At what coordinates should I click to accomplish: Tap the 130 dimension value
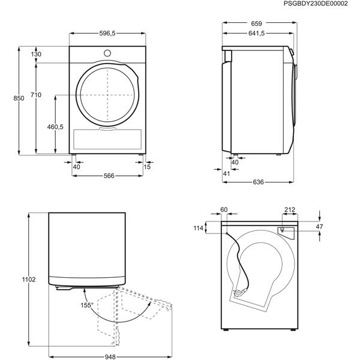coord(37,55)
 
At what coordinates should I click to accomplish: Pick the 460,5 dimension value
coord(55,127)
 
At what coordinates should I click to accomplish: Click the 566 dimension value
coord(109,176)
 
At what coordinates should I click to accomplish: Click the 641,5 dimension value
coord(256,34)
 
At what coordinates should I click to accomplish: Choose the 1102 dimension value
coord(29,280)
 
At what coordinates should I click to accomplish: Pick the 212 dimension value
coord(289,209)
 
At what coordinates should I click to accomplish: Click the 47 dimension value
coord(319,227)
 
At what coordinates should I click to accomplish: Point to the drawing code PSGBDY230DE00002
coord(323,4)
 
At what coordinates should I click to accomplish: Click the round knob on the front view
coord(108,52)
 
